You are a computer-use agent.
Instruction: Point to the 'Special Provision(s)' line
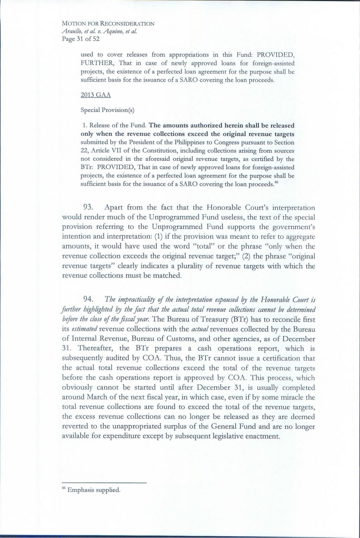click(x=108, y=109)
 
